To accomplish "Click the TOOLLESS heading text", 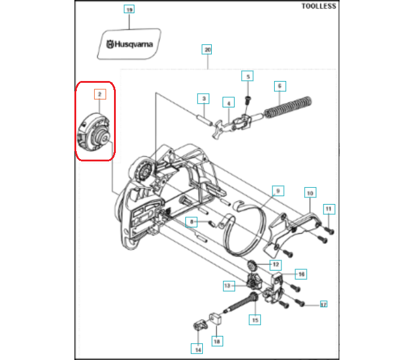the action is (319, 6).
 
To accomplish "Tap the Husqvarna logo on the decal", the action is (130, 44).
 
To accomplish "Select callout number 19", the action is (129, 9).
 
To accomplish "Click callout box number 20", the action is (207, 49).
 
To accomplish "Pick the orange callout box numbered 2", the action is (100, 94).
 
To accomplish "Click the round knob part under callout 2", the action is (94, 132).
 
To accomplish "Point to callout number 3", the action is (203, 98).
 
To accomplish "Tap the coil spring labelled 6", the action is (288, 107).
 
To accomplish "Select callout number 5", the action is (247, 76).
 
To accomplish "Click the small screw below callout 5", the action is (248, 100).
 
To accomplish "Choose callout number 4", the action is (229, 103).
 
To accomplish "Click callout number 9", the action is (278, 191).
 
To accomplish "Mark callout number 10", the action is (310, 193).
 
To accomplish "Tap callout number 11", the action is (329, 209).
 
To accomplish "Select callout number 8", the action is (191, 222).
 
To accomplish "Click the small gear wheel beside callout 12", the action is (252, 266).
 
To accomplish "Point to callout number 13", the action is (229, 286).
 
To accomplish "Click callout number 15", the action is (255, 320).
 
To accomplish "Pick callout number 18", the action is (217, 341).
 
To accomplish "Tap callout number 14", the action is (197, 349).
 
